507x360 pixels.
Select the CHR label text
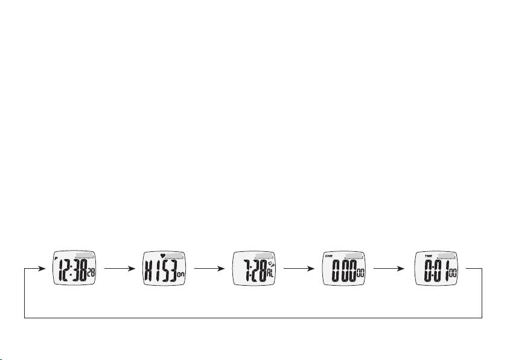point(329,256)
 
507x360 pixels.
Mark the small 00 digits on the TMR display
point(452,274)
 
